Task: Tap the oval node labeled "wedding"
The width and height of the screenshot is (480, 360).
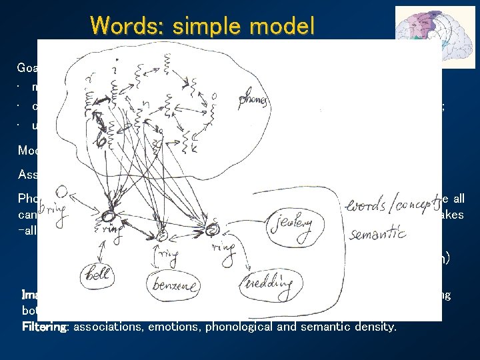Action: click(269, 284)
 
